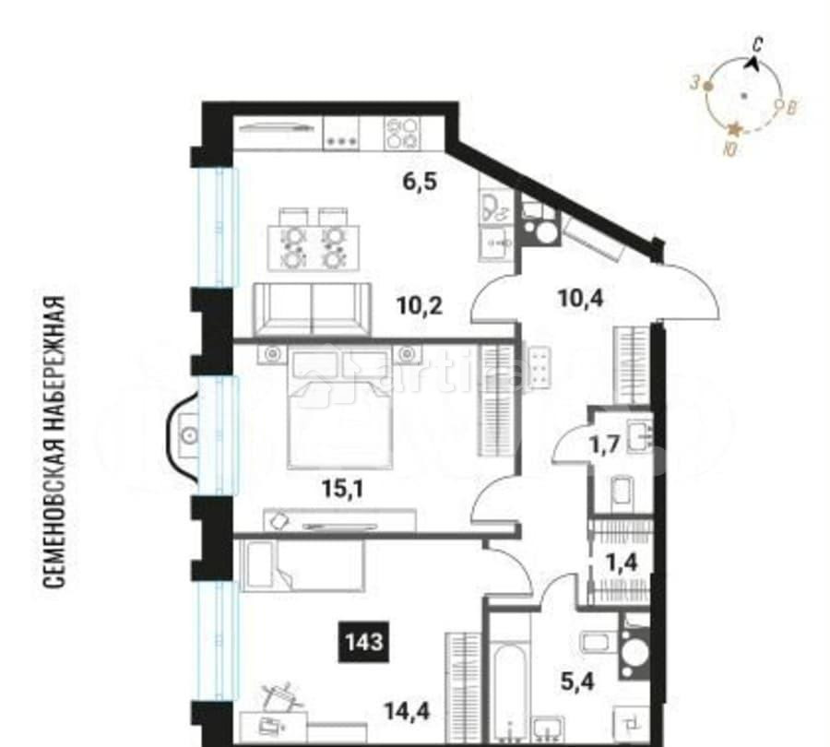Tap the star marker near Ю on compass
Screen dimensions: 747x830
[x=735, y=130]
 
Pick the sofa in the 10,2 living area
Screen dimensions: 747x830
[x=311, y=308]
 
